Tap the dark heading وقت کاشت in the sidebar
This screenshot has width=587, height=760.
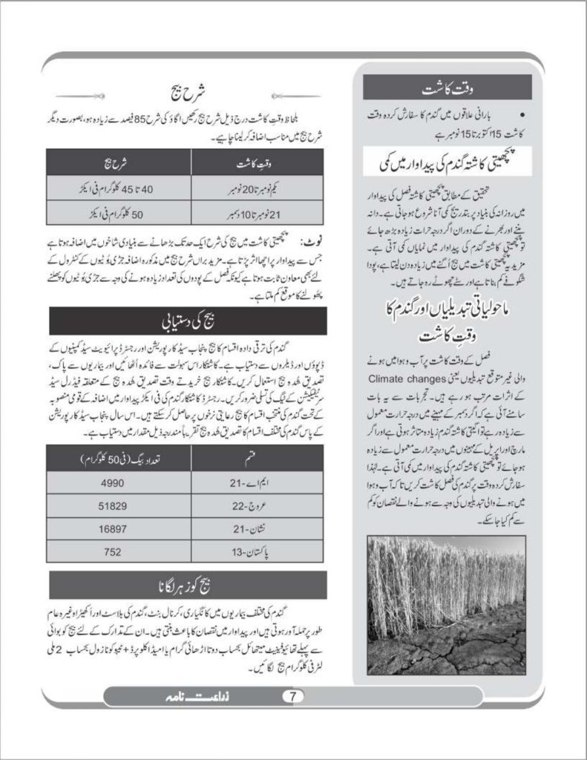(x=447, y=89)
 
